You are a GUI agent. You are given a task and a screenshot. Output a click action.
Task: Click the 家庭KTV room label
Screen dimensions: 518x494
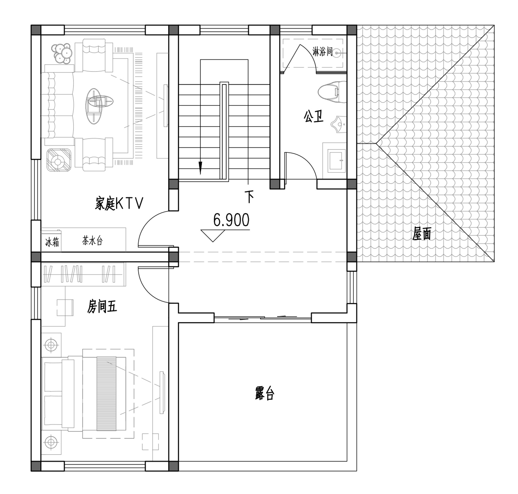119,204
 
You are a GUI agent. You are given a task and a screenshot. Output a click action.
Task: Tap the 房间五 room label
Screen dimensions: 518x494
102,307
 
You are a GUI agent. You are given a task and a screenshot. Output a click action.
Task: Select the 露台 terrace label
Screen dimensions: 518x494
265,393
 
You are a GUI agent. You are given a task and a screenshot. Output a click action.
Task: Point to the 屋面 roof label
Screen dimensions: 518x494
422,234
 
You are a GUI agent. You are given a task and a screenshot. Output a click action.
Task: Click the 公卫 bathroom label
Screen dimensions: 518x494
314,116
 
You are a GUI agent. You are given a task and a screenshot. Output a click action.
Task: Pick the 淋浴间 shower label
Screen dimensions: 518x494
323,52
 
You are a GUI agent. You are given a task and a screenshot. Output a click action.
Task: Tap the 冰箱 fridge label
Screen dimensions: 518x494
52,242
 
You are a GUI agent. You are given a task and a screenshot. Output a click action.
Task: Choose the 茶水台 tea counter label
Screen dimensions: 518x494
92,241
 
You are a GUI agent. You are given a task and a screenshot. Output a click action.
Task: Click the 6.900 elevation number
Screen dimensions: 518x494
231,220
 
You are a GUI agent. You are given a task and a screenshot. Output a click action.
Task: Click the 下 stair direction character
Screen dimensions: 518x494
250,196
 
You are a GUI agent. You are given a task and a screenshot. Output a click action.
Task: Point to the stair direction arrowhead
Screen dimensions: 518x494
200,168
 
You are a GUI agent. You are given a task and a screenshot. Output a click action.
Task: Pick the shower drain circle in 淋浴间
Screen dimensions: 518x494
337,54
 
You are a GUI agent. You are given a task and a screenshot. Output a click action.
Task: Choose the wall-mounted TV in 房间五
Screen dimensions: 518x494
162,392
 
